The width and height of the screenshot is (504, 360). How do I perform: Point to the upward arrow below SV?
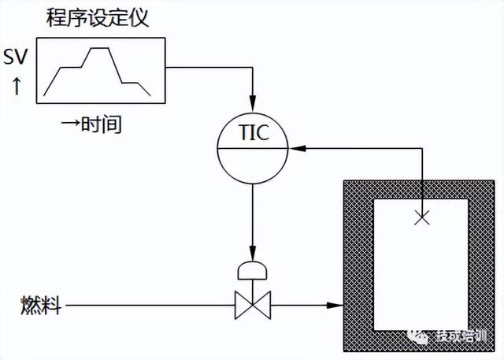coord(17,85)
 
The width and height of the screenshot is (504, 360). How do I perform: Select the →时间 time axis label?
coord(94,124)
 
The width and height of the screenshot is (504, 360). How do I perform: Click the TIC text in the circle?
coord(253,132)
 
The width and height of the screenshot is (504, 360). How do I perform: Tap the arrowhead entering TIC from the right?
coord(294,147)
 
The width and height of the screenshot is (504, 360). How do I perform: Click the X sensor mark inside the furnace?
coord(422,220)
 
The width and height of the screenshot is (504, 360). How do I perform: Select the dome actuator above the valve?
coord(253,270)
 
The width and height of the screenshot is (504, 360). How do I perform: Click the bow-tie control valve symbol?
coord(253,305)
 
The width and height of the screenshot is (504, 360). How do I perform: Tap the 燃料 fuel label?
coord(39,305)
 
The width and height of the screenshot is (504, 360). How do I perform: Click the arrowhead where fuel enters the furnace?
coord(337,305)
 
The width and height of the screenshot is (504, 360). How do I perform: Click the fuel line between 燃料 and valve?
coord(150,305)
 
